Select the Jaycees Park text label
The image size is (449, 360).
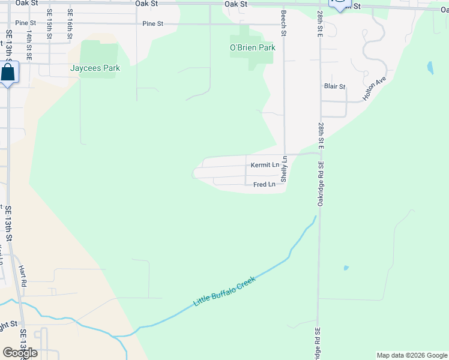(x=95, y=68)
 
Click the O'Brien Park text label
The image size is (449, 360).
(x=252, y=47)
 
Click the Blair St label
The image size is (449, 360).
(x=334, y=86)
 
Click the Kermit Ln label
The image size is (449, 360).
(x=265, y=165)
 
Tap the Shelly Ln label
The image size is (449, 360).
(x=285, y=170)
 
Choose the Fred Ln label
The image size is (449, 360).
(x=264, y=185)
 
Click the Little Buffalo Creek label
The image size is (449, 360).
(x=224, y=292)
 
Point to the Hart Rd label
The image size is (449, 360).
(x=23, y=276)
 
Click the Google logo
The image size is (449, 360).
(x=20, y=352)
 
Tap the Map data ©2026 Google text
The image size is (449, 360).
(x=411, y=355)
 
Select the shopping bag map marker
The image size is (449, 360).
(x=8, y=73)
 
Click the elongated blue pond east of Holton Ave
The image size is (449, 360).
(x=430, y=67)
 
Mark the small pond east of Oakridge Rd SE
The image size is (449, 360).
(x=346, y=268)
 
